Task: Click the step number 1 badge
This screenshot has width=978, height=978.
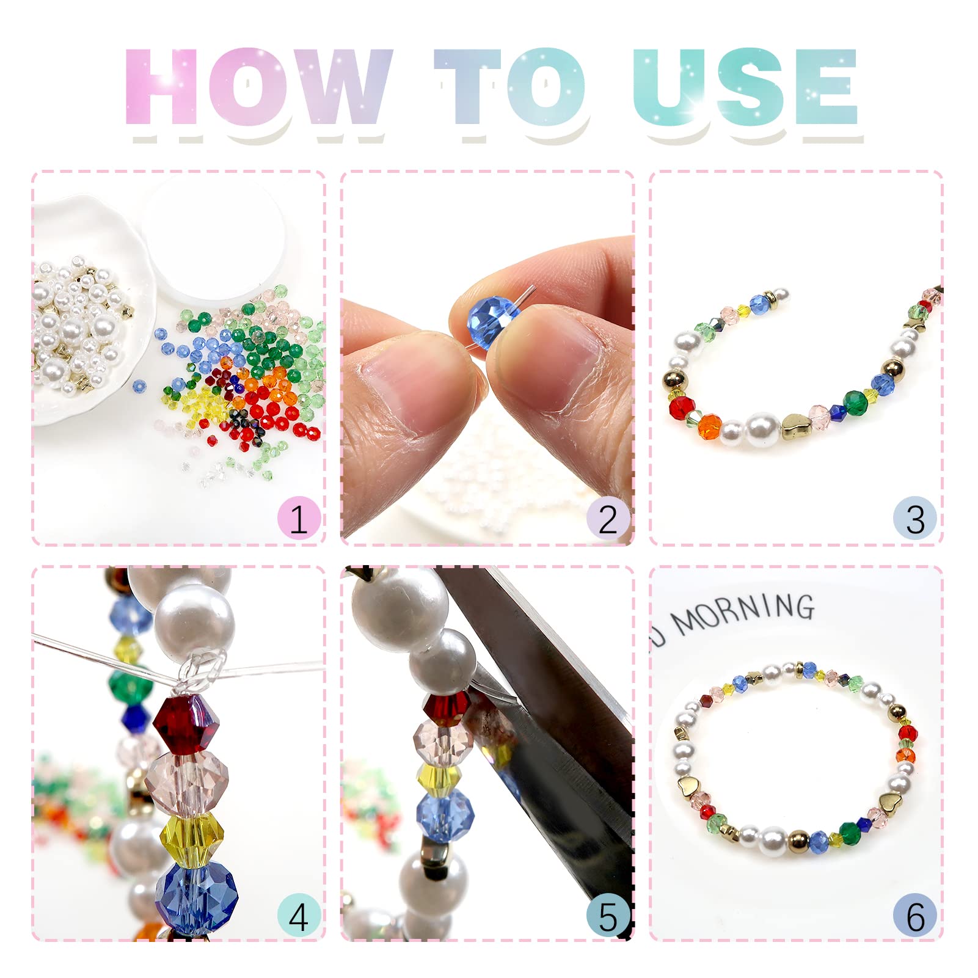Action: [299, 519]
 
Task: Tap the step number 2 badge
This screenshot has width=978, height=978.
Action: [608, 519]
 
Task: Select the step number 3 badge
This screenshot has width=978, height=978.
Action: [915, 519]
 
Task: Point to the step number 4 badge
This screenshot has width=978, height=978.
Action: [299, 916]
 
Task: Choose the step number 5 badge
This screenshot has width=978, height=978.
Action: [608, 916]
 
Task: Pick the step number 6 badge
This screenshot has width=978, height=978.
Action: [915, 916]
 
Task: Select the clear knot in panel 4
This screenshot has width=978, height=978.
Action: [201, 669]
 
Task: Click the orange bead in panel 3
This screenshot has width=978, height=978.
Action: [709, 426]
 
